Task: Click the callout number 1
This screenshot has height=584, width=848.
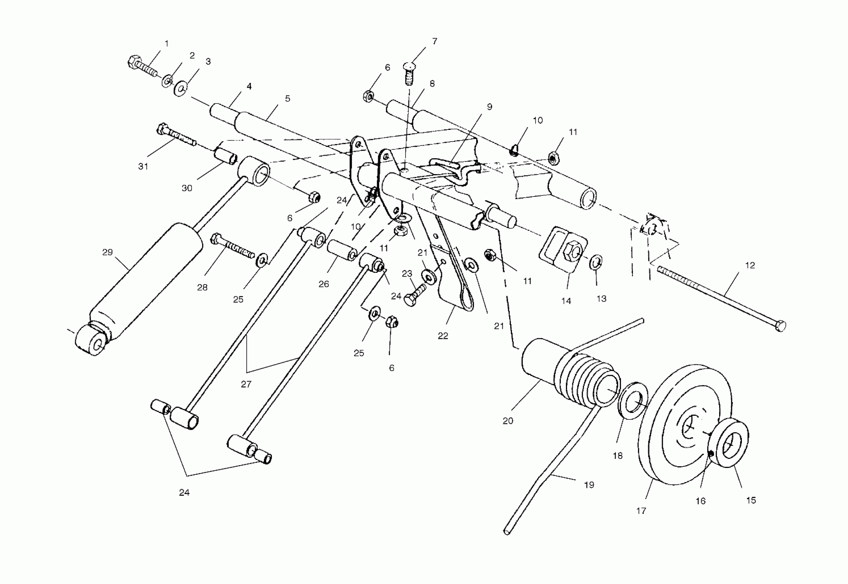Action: pos(167,44)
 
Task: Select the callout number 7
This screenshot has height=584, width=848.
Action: pos(434,41)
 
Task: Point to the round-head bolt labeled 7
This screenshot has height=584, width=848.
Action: pos(410,74)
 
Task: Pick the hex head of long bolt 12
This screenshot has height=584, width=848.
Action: pos(780,325)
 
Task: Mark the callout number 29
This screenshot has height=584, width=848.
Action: pos(107,252)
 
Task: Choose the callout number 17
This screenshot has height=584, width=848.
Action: pos(641,511)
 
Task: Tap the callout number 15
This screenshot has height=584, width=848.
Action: pos(751,500)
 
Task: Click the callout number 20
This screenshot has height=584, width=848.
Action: pos(507,421)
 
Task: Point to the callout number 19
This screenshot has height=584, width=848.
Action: pos(589,485)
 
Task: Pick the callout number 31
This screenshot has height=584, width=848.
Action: pos(143,167)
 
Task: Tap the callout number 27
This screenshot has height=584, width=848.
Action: pos(246,384)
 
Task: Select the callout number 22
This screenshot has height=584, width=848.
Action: pos(443,336)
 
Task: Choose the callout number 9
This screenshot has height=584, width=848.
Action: pos(489,106)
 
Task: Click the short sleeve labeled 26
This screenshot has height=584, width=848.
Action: pos(342,250)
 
